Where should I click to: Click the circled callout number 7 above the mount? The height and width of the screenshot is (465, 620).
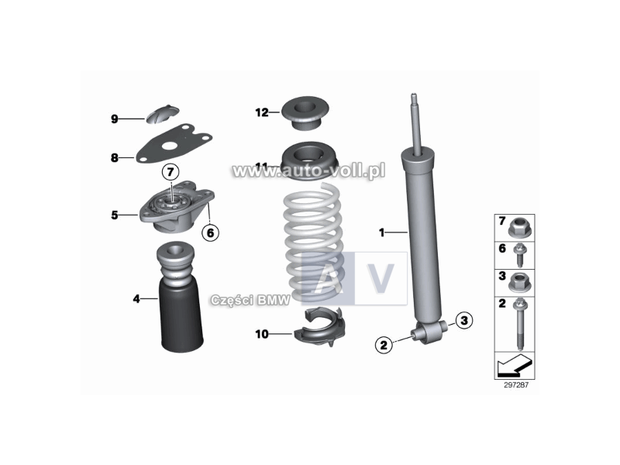tap(170, 170)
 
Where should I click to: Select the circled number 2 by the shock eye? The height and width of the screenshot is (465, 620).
tap(383, 345)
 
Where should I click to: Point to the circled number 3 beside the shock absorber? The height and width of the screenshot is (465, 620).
tap(463, 319)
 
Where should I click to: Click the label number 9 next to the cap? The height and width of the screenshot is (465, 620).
tap(114, 119)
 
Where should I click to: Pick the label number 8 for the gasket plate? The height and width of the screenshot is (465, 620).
tap(114, 157)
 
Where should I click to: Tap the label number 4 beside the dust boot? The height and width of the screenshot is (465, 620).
tap(136, 298)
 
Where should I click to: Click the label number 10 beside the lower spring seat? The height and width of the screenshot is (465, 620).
tap(262, 334)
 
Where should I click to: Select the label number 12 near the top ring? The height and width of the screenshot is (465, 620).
tap(261, 112)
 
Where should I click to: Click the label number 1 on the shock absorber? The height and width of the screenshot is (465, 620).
tap(381, 232)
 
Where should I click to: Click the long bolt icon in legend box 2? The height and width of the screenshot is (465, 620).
tap(518, 322)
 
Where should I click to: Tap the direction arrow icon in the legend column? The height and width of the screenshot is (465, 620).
tap(515, 363)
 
